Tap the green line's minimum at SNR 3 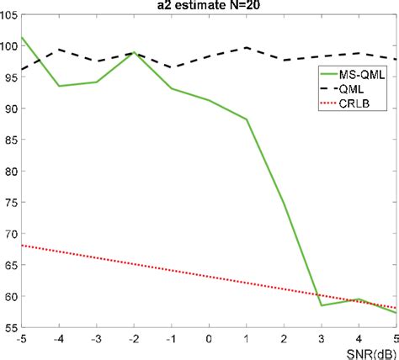click(321, 304)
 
